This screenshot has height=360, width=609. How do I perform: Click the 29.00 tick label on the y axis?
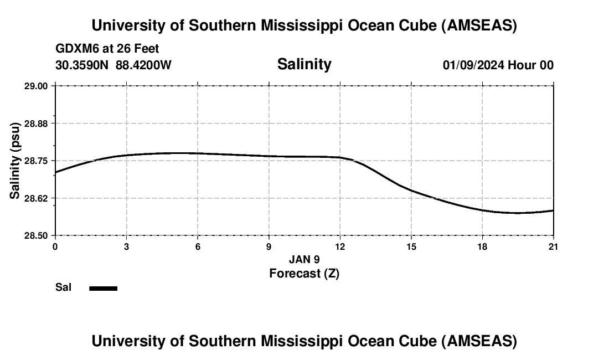click(x=37, y=86)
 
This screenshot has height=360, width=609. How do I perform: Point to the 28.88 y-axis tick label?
click(x=37, y=123)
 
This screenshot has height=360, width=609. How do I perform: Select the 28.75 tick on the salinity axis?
click(x=37, y=161)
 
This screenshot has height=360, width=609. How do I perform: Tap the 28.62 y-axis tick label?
click(x=37, y=198)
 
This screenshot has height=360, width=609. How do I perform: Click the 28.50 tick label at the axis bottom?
click(x=37, y=235)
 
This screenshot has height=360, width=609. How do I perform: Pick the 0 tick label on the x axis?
click(x=55, y=246)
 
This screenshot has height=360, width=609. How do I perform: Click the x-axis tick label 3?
click(x=127, y=246)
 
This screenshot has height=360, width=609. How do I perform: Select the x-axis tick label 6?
click(x=198, y=246)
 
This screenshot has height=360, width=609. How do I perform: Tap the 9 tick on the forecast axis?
click(x=269, y=246)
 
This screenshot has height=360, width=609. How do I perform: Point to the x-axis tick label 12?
click(x=340, y=246)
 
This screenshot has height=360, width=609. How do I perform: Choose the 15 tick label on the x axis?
click(x=411, y=246)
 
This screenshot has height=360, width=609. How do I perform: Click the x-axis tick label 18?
click(x=482, y=246)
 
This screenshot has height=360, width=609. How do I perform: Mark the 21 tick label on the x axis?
click(x=554, y=246)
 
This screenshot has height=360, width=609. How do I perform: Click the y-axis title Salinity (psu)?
click(x=16, y=161)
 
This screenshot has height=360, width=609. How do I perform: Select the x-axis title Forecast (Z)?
click(x=304, y=273)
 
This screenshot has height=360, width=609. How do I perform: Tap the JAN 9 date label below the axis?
click(x=304, y=259)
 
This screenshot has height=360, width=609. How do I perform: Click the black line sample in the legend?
click(x=103, y=288)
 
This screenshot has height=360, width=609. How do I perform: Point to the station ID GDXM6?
click(x=75, y=49)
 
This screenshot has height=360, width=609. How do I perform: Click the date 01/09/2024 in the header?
click(x=473, y=65)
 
